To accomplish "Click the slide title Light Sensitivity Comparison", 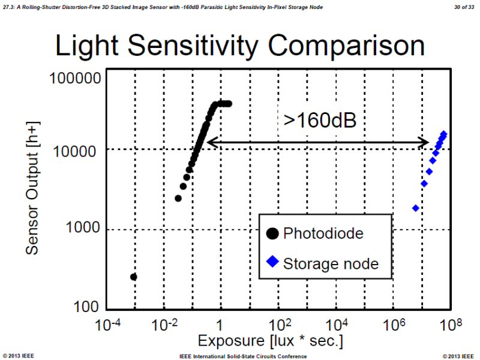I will coord(240,46).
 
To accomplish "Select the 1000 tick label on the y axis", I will coord(83,229).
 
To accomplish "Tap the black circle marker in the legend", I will coord(271,233).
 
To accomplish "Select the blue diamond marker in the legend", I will coord(271,262).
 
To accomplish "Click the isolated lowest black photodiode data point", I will coord(134,277).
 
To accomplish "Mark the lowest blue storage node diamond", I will coord(415,208).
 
